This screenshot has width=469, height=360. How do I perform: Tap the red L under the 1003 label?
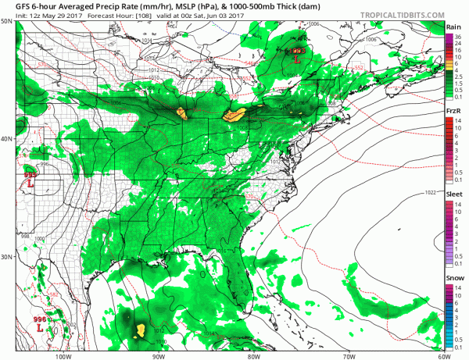pyautogui.click(x=297, y=59)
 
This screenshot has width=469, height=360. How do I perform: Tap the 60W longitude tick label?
pyautogui.click(x=442, y=355)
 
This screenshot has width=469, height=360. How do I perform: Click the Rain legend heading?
pyautogui.click(x=452, y=27)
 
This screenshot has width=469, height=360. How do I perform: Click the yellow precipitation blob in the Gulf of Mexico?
pyautogui.click(x=141, y=330)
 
